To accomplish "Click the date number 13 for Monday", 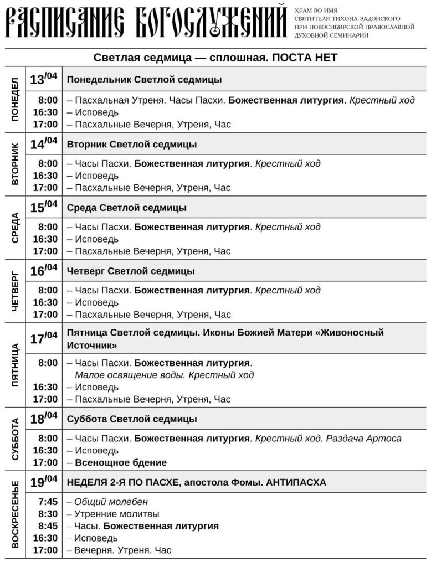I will tap(37, 80).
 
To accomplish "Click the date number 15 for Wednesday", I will tap(37, 208).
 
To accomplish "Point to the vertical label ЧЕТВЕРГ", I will tap(15, 290).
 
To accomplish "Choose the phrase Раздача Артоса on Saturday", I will tap(364, 438).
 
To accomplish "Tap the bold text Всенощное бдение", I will tap(121, 462).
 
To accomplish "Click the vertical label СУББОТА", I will tap(15, 439).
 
